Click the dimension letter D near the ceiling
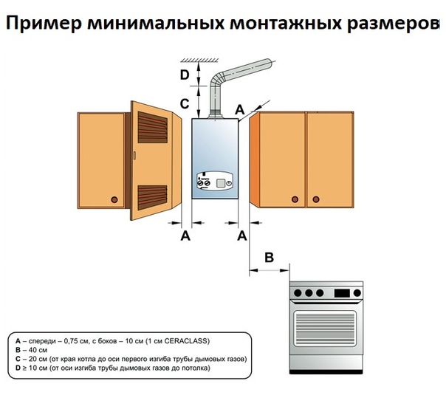[x=185, y=75]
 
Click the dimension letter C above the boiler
[x=185, y=103]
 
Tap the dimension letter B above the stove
[x=269, y=258]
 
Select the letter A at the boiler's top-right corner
[x=240, y=109]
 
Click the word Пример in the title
[x=44, y=24]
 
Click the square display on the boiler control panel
[x=221, y=183]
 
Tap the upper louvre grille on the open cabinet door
[x=152, y=127]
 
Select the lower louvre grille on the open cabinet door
[x=152, y=198]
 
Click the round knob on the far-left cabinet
[x=114, y=199]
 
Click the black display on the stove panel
[x=342, y=292]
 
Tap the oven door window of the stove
[x=325, y=329]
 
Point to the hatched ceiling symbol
[x=200, y=60]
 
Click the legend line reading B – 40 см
[x=31, y=350]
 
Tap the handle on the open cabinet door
[x=134, y=155]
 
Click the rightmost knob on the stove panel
[x=357, y=292]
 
